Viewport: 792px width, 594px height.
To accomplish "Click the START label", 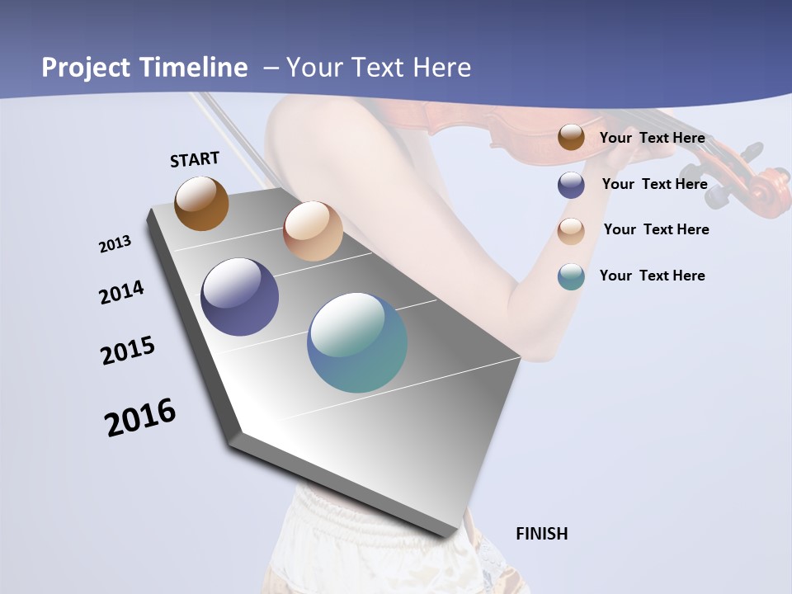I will pos(195,159).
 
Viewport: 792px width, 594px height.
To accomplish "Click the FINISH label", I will pos(542,534).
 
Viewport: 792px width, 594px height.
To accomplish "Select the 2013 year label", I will pos(115,244).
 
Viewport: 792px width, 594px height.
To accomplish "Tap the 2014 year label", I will pos(121,293).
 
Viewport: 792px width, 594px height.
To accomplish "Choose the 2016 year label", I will pos(140,417).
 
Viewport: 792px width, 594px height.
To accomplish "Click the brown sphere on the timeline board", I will pos(201,203).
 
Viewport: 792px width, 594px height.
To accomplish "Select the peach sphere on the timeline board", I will pos(313,231).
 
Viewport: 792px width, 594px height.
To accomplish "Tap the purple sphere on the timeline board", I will pos(239,297).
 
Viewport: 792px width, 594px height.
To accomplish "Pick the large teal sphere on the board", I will pos(357,342).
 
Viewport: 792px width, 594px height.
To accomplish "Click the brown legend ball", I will pos(571,138).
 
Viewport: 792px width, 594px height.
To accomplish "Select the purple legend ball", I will pos(571,185).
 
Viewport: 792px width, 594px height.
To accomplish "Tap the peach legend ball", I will pos(571,231).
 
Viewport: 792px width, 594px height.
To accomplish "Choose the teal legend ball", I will pos(571,276).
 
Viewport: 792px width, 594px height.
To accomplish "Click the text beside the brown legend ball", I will pos(652,138).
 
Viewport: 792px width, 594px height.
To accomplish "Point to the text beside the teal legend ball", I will pos(652,276).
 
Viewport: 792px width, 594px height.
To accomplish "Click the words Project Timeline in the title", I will pos(144,68).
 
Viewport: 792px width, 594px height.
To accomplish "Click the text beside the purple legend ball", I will pos(654,184).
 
